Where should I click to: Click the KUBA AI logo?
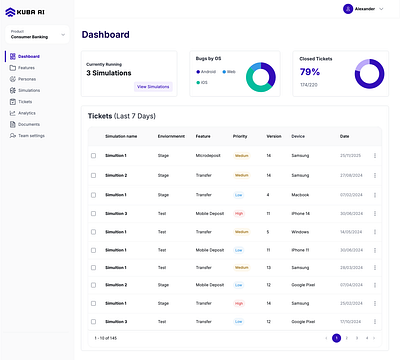(x=30, y=12)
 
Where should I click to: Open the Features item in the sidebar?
(x=28, y=68)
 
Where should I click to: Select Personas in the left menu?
(x=28, y=79)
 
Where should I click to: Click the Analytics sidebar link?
(x=28, y=113)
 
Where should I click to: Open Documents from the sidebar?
(x=29, y=124)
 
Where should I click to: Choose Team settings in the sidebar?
(x=32, y=135)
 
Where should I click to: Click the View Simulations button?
(x=153, y=87)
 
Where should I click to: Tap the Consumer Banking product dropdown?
(x=37, y=35)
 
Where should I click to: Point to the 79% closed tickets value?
(x=310, y=72)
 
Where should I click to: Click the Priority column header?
(x=240, y=136)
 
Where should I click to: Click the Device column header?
(x=298, y=136)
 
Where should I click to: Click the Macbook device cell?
(x=301, y=194)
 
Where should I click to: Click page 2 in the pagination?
(x=347, y=339)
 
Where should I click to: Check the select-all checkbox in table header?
(x=94, y=136)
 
